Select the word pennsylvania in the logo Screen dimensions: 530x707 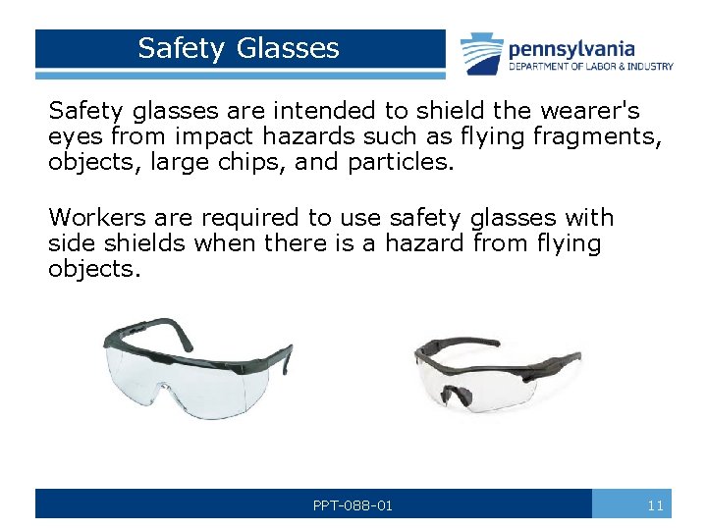571,49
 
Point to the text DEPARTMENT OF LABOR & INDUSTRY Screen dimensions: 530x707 590,67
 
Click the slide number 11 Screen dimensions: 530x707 656,505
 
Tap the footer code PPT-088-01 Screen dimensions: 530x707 353,505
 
